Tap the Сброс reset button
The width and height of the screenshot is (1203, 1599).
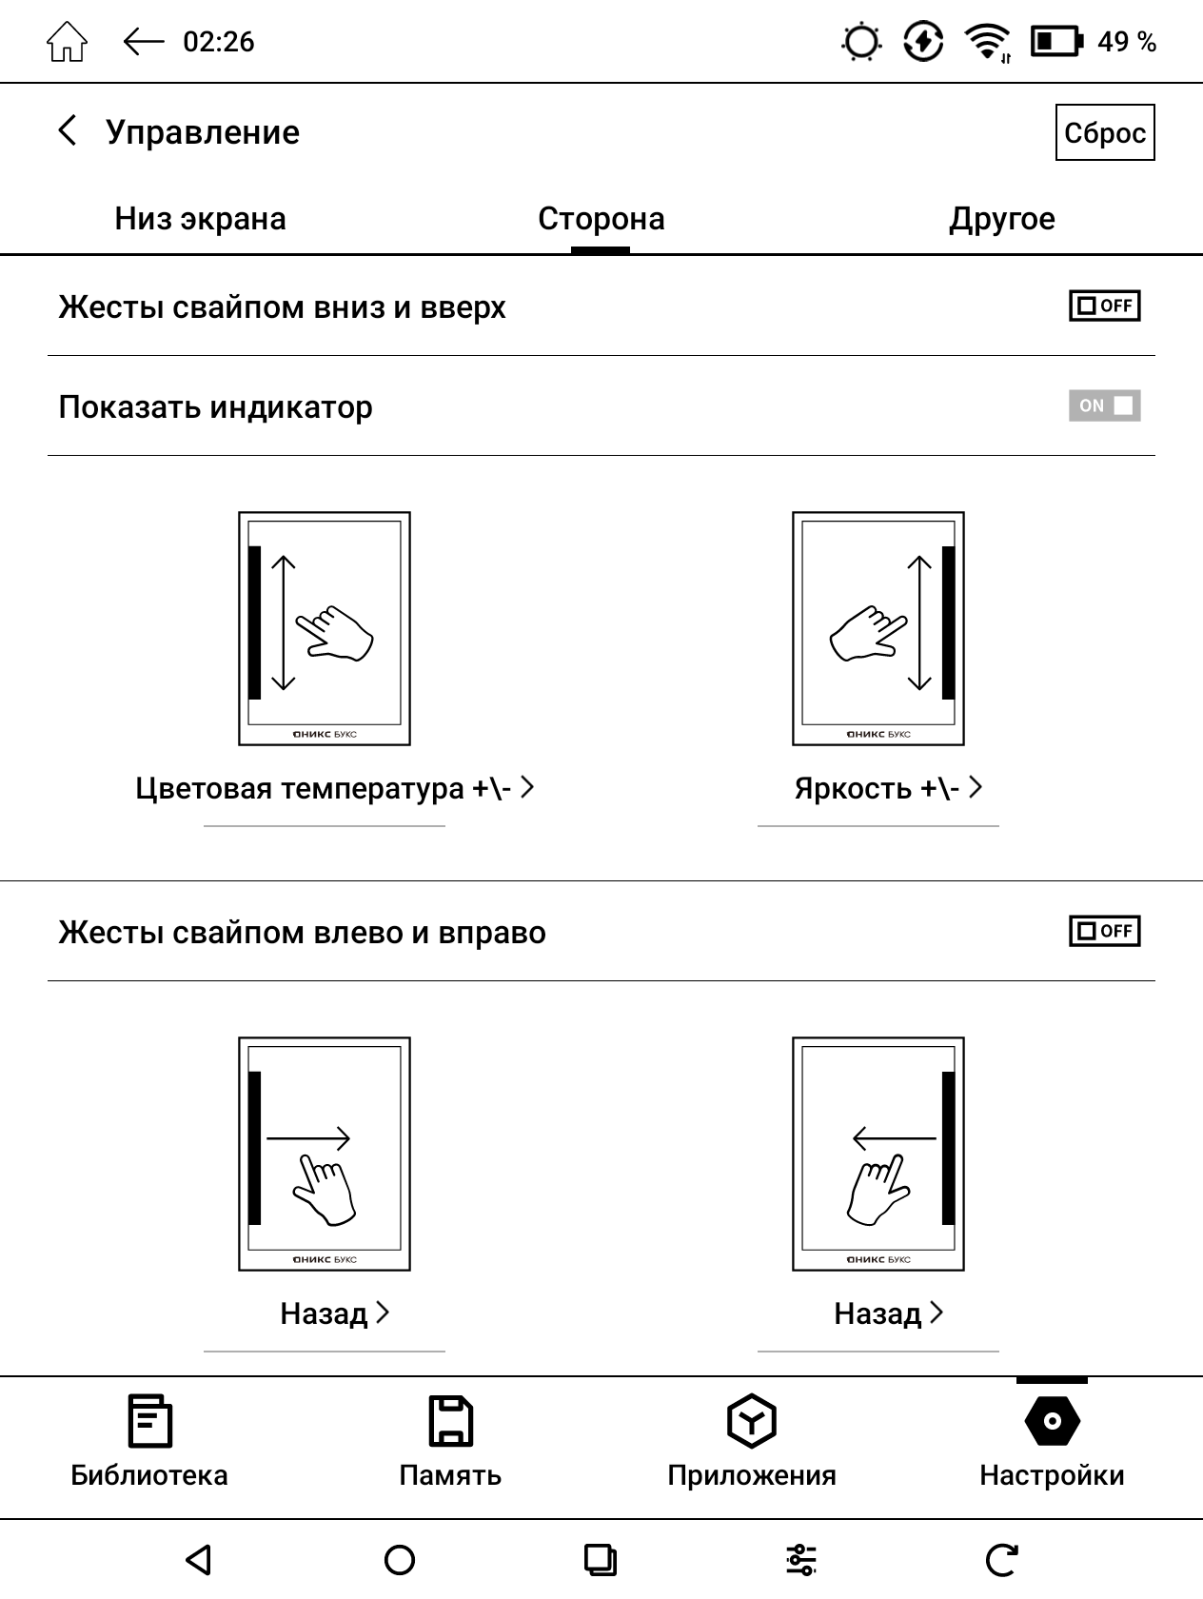[1105, 132]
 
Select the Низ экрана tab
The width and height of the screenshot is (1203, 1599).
[200, 219]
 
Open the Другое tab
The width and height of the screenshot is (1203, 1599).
[1001, 219]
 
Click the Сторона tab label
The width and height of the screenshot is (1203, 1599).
[601, 219]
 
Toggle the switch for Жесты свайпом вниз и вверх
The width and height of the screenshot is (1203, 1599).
[1104, 306]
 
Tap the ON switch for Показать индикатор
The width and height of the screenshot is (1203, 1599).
[1104, 405]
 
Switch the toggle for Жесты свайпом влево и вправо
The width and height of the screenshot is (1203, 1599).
[1104, 930]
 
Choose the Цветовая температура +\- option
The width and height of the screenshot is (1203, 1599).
[334, 788]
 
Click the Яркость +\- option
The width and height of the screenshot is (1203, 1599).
[888, 788]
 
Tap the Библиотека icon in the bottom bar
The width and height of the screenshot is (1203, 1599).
[150, 1420]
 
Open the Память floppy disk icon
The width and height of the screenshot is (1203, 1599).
[451, 1420]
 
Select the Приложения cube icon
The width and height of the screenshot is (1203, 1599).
[752, 1420]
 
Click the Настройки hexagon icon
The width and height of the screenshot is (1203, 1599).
[1052, 1420]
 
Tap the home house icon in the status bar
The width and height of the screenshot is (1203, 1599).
[67, 42]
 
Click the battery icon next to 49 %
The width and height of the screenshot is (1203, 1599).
[1056, 42]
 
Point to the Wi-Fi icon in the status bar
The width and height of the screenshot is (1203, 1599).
[988, 42]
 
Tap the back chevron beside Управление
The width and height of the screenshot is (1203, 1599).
[67, 131]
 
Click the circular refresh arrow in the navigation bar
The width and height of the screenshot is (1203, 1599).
[1001, 1560]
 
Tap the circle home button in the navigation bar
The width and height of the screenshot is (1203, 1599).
[399, 1560]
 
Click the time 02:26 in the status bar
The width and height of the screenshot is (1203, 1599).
[219, 42]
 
